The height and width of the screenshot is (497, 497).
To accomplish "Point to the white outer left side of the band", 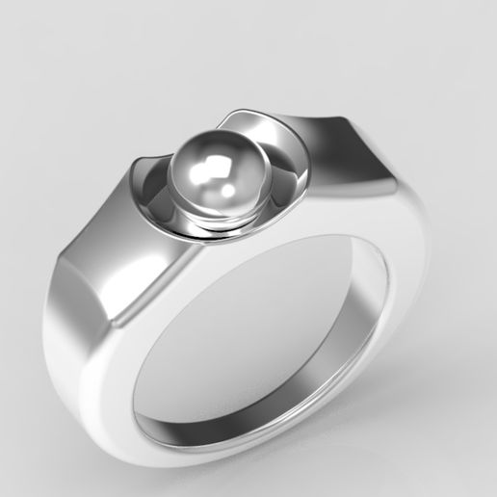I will point(77,347).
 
